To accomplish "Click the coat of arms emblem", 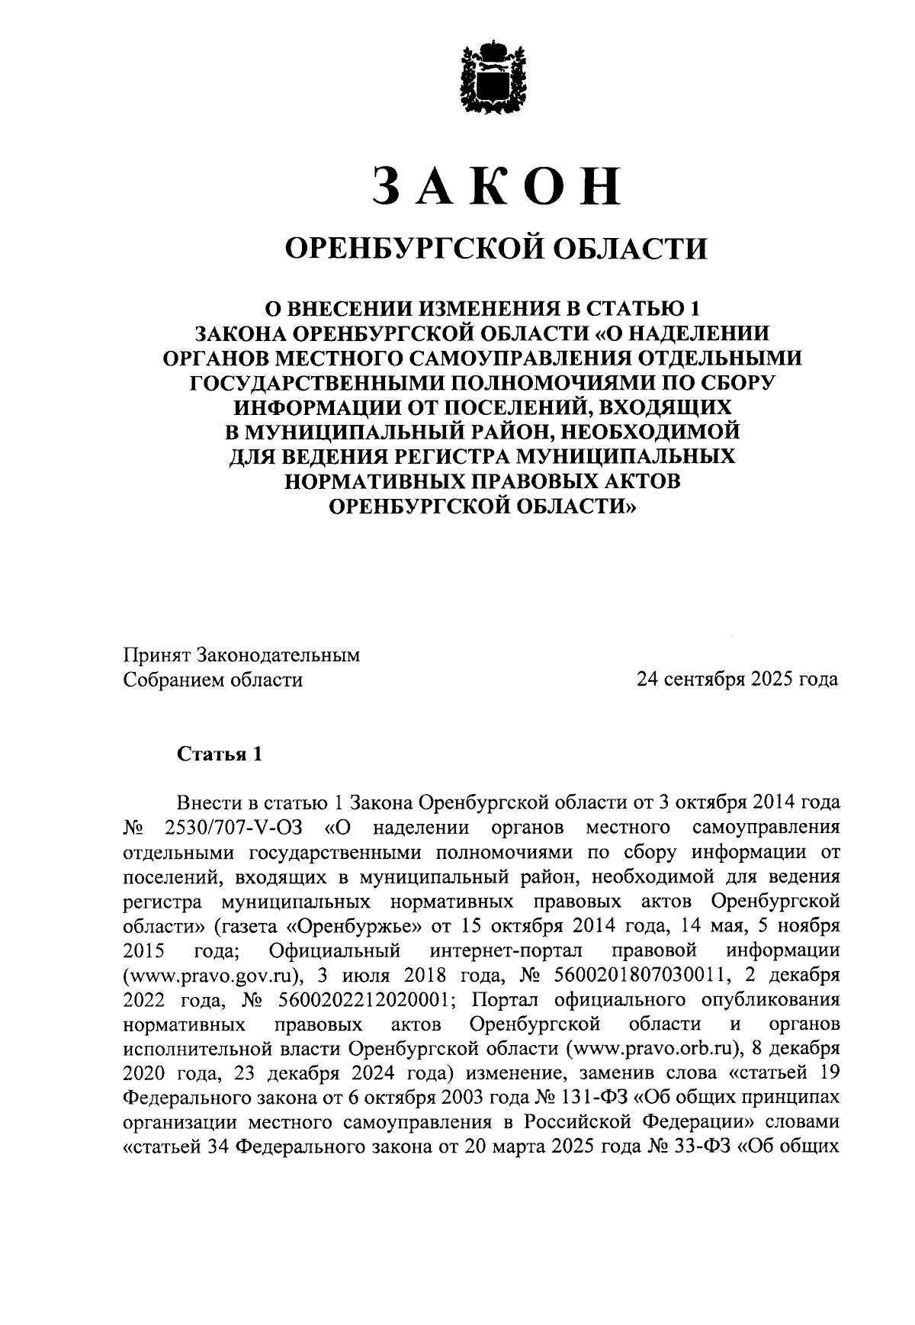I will pyautogui.click(x=496, y=77).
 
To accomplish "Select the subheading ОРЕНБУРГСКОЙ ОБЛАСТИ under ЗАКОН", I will pyautogui.click(x=496, y=248).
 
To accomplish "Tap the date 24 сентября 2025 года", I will pyautogui.click(x=737, y=679).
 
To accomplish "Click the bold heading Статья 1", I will pyautogui.click(x=220, y=754).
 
